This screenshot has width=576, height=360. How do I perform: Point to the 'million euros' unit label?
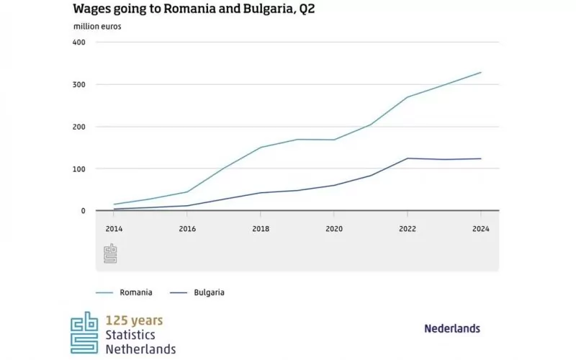pos(97,27)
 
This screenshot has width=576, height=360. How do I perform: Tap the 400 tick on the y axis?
pos(79,42)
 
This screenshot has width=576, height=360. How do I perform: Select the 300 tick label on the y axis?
pos(79,84)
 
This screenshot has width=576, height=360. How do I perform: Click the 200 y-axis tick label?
pos(79,127)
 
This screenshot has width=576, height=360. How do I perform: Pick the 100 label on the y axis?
pos(79,168)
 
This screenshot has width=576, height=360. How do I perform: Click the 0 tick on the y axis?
pos(83,211)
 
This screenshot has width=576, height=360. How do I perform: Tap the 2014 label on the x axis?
pos(113,229)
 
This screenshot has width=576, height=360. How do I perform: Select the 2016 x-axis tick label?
pos(186,229)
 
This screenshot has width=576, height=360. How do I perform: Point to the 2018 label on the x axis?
pos(260,229)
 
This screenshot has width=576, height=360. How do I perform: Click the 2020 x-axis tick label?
pos(333,229)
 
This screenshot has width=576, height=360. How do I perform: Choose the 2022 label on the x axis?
pos(408,229)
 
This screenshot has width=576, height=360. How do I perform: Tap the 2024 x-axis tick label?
pos(481,229)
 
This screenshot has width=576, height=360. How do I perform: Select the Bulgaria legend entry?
pos(197,292)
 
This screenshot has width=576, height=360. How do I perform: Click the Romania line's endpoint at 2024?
pos(481,72)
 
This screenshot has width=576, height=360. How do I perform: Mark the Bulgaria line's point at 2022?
pos(408,158)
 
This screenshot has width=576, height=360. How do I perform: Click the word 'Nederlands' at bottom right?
pos(452,328)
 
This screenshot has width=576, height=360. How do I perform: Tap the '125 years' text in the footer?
pos(134,320)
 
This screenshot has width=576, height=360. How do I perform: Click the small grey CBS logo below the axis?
pos(111,253)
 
